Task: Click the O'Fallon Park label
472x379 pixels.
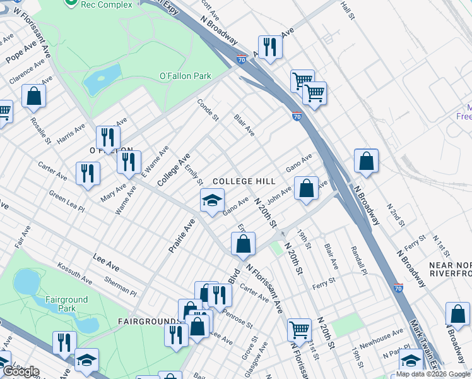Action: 185,76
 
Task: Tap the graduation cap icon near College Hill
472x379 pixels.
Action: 213,202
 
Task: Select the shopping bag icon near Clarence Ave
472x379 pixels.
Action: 34,97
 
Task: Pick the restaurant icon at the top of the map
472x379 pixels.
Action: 270,48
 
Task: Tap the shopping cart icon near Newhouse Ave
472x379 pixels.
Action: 298,329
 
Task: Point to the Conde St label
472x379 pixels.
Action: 207,109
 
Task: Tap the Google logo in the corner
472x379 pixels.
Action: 20,371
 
